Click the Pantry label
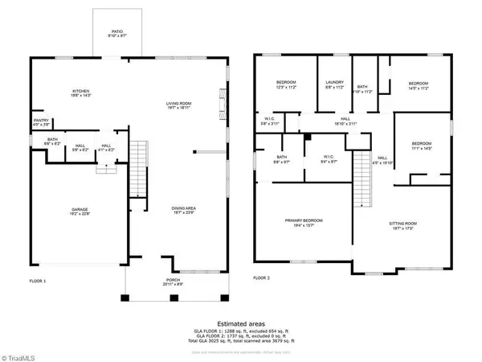[x=40, y=122]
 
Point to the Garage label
[x=79, y=211]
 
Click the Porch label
[x=174, y=282]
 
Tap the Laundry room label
[x=334, y=84]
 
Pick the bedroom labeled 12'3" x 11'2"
[x=286, y=84]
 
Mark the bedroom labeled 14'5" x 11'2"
[x=419, y=84]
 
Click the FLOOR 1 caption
[x=39, y=281]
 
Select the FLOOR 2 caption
[x=262, y=278]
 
